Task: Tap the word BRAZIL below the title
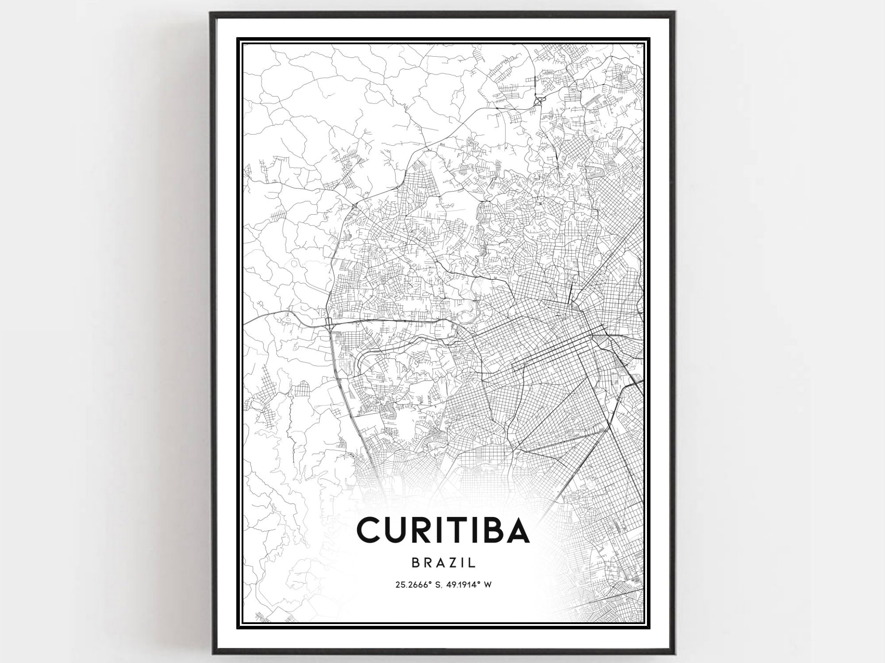pyautogui.click(x=443, y=563)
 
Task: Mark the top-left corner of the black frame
pyautogui.click(x=212, y=13)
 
